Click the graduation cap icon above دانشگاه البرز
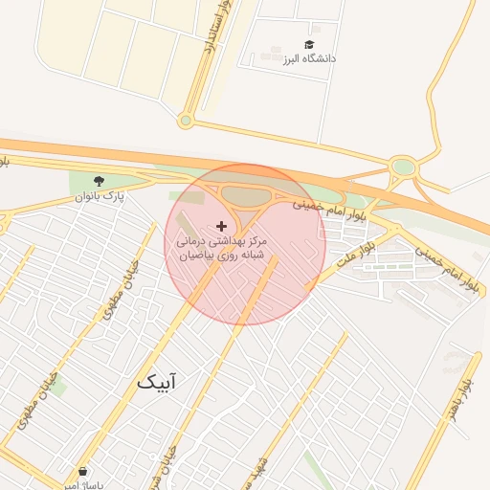[308, 45]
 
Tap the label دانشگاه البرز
[308, 58]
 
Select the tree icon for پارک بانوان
[99, 181]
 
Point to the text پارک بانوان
[100, 196]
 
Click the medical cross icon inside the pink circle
[222, 226]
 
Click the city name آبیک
[156, 383]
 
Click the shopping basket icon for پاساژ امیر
[83, 472]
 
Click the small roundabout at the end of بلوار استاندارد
[186, 121]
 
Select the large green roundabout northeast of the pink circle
[403, 168]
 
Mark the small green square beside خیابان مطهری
[58, 387]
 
